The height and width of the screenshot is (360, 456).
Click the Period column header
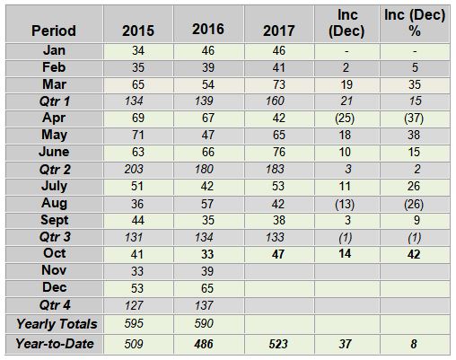click(54, 31)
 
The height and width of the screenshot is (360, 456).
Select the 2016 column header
click(208, 29)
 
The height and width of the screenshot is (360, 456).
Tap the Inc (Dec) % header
click(415, 22)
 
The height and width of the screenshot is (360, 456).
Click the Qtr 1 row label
click(55, 101)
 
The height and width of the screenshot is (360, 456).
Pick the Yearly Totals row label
click(57, 324)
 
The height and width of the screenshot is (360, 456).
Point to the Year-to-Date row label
click(55, 344)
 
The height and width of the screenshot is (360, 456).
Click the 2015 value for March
click(138, 84)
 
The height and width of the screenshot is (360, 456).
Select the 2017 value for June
click(279, 152)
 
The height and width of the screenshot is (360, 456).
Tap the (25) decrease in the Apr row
click(345, 119)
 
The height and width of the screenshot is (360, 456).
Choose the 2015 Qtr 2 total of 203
click(134, 169)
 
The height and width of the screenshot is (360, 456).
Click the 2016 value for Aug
click(207, 204)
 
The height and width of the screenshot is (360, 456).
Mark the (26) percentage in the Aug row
click(414, 204)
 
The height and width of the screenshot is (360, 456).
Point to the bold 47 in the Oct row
click(278, 254)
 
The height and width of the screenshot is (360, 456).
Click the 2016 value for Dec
click(207, 288)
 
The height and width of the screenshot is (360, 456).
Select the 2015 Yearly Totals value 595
click(134, 323)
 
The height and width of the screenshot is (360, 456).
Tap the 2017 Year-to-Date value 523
click(278, 344)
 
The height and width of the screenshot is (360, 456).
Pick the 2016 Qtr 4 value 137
click(204, 305)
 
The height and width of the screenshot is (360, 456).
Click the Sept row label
click(55, 220)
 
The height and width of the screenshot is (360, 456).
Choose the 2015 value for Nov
click(137, 271)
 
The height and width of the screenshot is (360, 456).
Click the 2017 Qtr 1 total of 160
click(275, 101)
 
